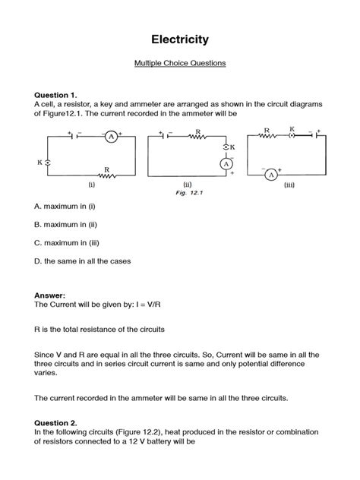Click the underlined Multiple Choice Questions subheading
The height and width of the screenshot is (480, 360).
click(x=180, y=64)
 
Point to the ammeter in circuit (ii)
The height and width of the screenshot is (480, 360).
click(x=226, y=163)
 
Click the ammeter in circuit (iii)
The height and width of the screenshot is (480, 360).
click(x=271, y=174)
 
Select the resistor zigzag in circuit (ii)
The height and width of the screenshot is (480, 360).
click(x=197, y=137)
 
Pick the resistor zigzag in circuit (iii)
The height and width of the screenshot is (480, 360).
click(x=267, y=137)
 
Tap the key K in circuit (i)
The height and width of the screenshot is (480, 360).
click(x=48, y=163)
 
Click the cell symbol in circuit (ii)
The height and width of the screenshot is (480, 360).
click(x=165, y=137)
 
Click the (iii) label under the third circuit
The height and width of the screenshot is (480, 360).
click(x=289, y=185)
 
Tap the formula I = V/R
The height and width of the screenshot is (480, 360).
click(x=158, y=302)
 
